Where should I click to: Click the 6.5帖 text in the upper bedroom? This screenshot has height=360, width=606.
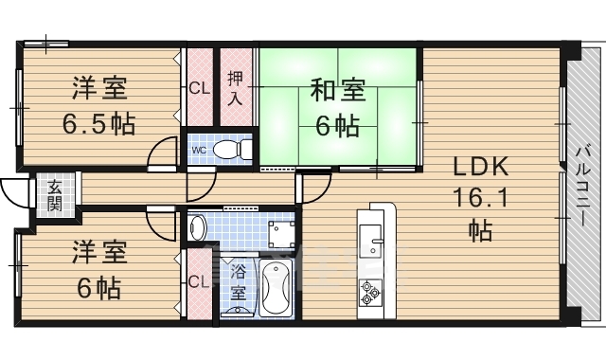tap(98, 123)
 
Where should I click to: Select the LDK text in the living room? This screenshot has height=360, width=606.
tap(481, 168)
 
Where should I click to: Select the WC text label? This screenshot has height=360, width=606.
tap(199, 150)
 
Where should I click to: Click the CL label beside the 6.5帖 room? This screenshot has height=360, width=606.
tap(199, 90)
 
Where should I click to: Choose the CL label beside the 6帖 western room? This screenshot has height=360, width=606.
tap(199, 281)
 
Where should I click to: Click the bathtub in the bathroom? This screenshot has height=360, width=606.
tap(278, 289)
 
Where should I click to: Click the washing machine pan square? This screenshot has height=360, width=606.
tap(280, 231)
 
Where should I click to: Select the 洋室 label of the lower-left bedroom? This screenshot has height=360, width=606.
tap(98, 253)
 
